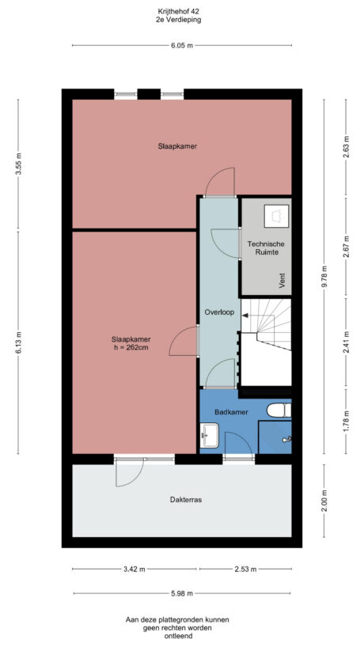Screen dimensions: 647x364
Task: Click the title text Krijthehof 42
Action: coord(178,12)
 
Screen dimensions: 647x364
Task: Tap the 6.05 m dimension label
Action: coord(182,46)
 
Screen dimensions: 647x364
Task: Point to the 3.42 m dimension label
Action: coord(135,569)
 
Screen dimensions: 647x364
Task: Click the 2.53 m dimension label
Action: coord(245,569)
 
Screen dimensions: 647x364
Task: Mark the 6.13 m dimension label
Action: coord(19,343)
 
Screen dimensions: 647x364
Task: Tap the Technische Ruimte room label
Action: coord(265,248)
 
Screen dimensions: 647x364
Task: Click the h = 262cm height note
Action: coord(131,347)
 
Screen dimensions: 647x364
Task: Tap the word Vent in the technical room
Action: coord(282,278)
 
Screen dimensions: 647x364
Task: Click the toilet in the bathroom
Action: coord(277,410)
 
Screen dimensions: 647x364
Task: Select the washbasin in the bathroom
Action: coord(210,434)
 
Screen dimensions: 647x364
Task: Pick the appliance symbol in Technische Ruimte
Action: coord(276,214)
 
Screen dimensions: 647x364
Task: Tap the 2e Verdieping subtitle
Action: coord(178,21)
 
